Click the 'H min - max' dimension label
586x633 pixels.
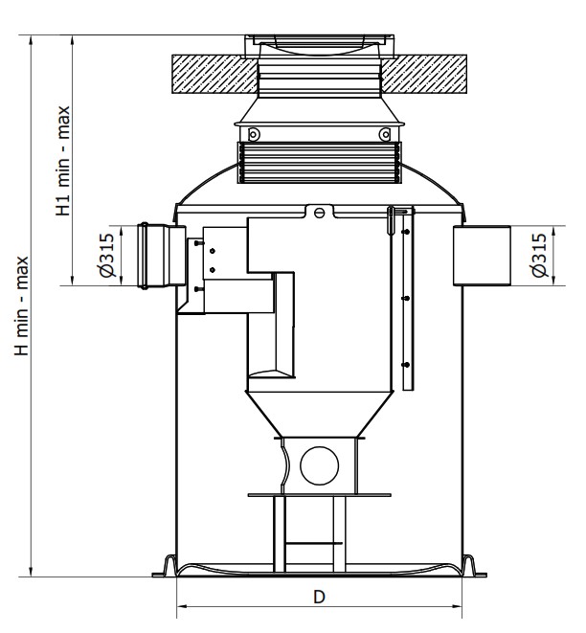click(x=23, y=305)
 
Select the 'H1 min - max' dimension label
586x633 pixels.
click(x=63, y=161)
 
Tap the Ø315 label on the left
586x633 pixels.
click(x=107, y=255)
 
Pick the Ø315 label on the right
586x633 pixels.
click(x=539, y=255)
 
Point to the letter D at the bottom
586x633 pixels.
click(x=319, y=597)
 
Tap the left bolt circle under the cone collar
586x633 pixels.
click(x=254, y=134)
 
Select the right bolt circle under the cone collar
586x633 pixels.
click(x=385, y=134)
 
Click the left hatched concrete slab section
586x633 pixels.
click(x=214, y=75)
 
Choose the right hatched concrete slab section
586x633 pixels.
click(x=424, y=75)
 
